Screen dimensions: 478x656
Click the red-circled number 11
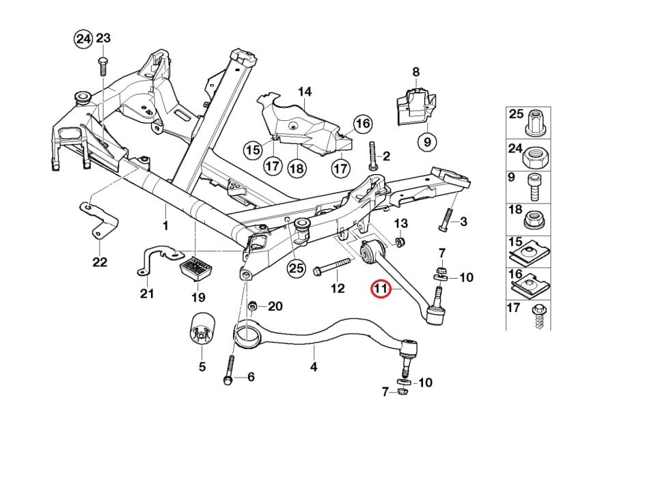coord(380,290)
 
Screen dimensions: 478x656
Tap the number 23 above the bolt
coord(102,39)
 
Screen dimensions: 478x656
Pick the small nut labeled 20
coord(254,306)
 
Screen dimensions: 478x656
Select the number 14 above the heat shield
coord(304,92)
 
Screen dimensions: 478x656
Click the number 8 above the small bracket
coord(415,72)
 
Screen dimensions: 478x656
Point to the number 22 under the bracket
coord(100,262)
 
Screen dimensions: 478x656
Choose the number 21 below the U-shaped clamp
coord(147,294)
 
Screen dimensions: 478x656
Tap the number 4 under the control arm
coord(314,367)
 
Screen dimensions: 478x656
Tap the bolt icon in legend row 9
coord(536,186)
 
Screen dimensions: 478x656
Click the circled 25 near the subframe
coord(296,268)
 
